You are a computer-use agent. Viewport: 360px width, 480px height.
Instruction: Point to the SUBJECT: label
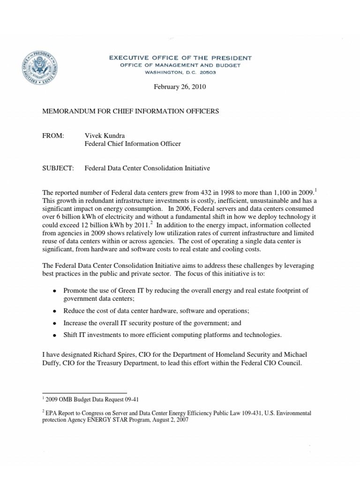tap(59, 168)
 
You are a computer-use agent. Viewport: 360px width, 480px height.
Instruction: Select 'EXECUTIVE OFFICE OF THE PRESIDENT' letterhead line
tap(180, 58)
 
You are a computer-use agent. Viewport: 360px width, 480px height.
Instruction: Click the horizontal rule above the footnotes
tap(84, 393)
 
